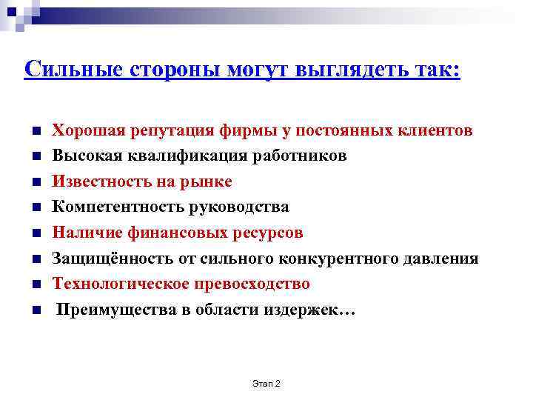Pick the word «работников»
[x=304, y=156]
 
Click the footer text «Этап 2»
[x=266, y=383]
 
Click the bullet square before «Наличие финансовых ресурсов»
[x=36, y=233]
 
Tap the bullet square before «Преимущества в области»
[x=36, y=310]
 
